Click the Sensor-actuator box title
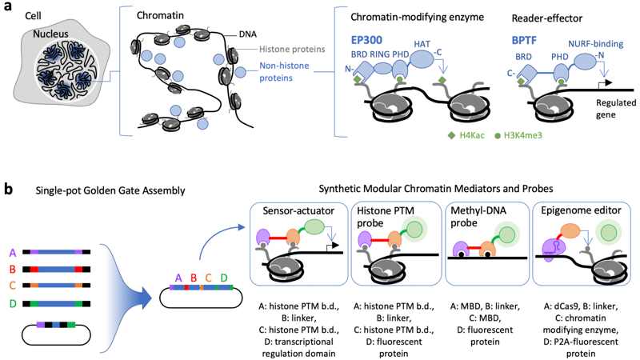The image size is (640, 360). (297, 210)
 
